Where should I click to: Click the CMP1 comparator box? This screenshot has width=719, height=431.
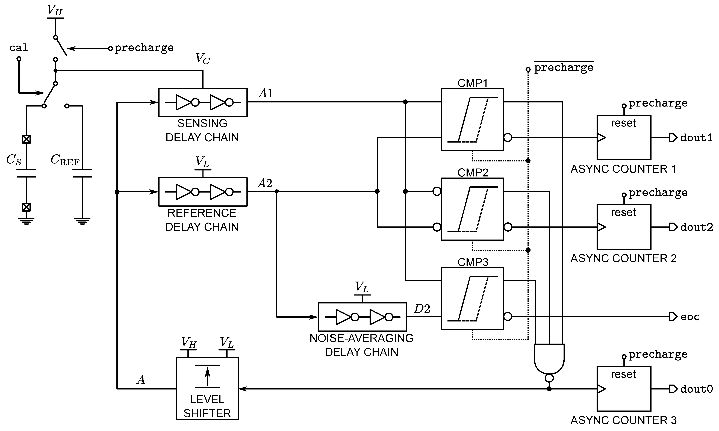tap(472, 120)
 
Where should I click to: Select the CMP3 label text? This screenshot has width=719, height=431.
tap(472, 262)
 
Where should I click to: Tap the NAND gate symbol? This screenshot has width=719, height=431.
tap(549, 359)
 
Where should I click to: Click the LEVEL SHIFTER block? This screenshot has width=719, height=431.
tap(207, 389)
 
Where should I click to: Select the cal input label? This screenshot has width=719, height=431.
tap(19, 48)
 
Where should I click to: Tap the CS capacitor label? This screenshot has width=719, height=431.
tap(14, 160)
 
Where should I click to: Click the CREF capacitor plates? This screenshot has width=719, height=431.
tap(82, 173)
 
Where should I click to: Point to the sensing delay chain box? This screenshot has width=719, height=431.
tap(203, 102)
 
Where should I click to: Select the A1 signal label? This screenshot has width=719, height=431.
tap(266, 93)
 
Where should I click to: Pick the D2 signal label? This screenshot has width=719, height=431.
tap(422, 309)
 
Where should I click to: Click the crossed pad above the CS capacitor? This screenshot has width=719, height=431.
tap(26, 139)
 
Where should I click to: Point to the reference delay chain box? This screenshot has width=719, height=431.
tap(203, 192)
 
